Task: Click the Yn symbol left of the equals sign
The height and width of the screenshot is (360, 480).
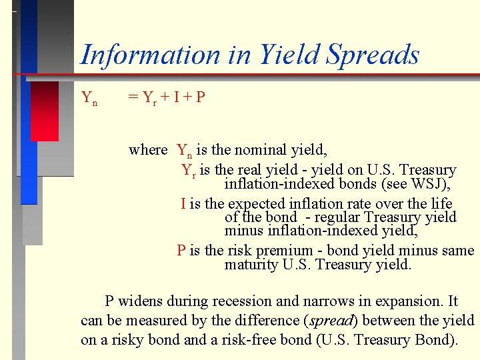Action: point(89,98)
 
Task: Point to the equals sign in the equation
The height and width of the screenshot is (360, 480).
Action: point(133,98)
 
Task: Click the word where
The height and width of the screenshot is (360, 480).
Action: point(148,149)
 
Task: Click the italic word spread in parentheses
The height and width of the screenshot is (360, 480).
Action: point(331,321)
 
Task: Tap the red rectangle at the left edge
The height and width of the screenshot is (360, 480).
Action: point(45,111)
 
